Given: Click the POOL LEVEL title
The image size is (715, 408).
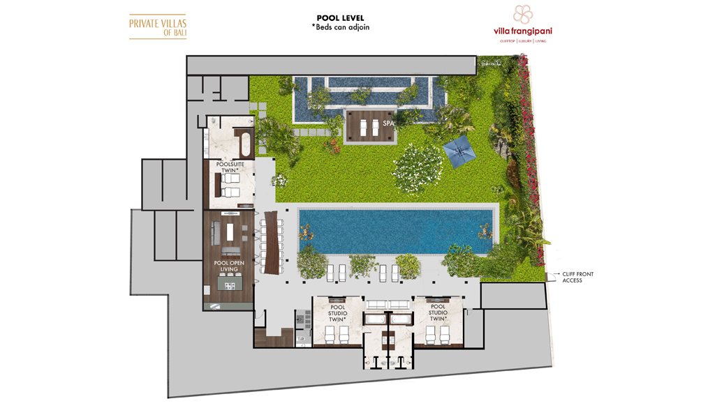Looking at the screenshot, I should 340,18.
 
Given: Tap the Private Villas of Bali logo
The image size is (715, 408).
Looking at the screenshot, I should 158,27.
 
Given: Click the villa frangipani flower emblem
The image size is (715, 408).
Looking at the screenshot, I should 522,14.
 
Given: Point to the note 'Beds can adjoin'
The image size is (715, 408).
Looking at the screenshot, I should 341,27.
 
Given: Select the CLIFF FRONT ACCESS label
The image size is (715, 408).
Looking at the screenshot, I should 577,277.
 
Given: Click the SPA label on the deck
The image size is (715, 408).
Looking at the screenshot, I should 388,123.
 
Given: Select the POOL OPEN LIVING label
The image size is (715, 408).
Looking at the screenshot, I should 229,266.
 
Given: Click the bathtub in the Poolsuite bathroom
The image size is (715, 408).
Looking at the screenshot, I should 245,144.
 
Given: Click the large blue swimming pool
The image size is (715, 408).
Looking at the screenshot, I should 395,231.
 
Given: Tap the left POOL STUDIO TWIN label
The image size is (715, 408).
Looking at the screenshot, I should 337,312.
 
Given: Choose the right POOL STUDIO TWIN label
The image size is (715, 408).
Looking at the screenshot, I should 438,312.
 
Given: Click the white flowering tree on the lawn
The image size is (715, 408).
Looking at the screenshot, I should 418,165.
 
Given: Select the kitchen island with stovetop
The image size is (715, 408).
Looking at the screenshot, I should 230,283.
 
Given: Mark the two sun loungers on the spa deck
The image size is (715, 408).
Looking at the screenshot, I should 369,127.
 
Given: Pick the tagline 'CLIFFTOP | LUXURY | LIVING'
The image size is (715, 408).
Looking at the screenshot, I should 523,41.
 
